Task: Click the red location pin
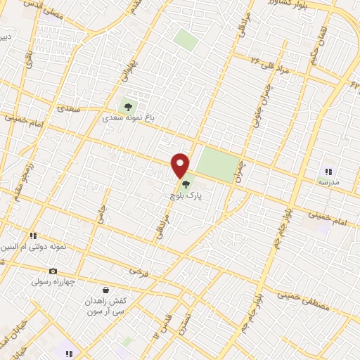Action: [181, 165]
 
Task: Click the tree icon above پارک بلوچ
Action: [186, 185]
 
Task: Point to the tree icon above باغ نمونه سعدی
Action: [128, 107]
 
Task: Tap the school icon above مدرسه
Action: [328, 171]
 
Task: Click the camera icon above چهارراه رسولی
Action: [52, 271]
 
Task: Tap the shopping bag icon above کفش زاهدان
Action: [105, 289]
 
